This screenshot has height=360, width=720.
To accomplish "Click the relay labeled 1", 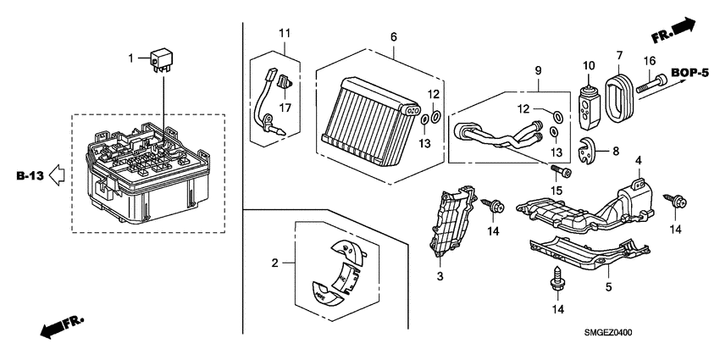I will click(x=162, y=61).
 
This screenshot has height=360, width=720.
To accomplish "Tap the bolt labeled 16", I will click(x=654, y=83).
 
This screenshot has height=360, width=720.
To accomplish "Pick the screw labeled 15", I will click(x=563, y=172).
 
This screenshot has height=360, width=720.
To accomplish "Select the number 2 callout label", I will click(x=274, y=264).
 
